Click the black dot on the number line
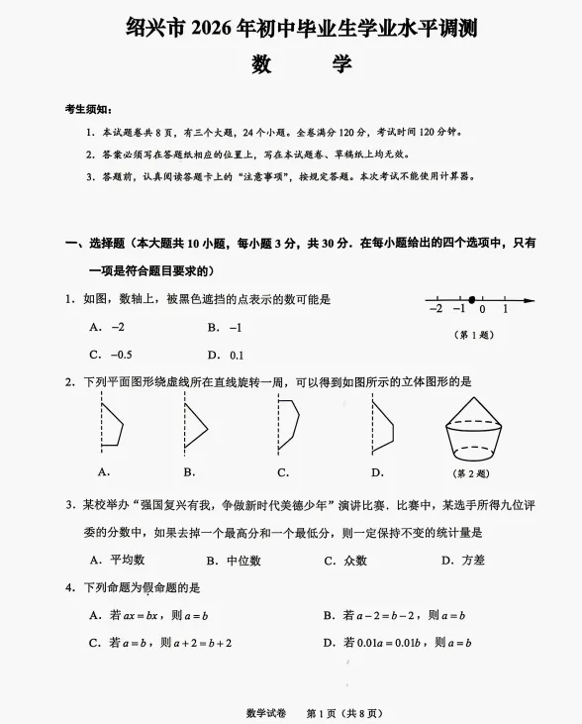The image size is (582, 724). click(x=472, y=299)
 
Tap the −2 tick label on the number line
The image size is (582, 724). click(x=436, y=310)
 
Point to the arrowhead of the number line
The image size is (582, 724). click(x=532, y=299)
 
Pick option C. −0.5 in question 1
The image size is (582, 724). click(x=111, y=355)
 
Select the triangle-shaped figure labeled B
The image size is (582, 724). click(x=194, y=426)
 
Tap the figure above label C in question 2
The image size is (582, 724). click(x=287, y=426)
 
